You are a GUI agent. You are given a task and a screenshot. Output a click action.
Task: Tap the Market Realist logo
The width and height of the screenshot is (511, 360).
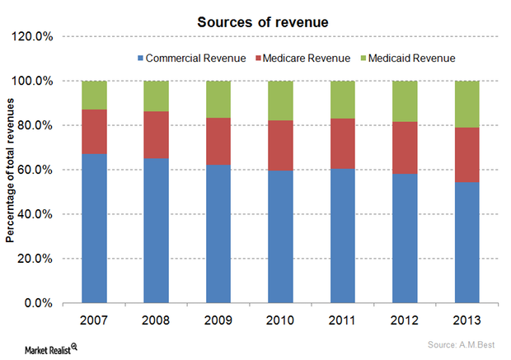[x=45, y=348]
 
